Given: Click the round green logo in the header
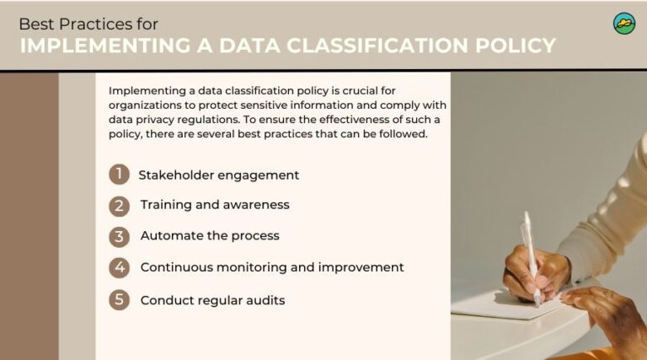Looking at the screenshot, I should point(623,24).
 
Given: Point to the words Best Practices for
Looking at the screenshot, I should point(88,24).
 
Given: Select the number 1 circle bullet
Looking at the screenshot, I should point(119,175).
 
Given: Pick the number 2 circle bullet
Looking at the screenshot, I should point(119,205).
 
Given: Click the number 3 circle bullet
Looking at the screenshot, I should point(119,236).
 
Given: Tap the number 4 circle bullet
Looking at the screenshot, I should point(119,267).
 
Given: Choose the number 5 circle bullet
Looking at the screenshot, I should point(119,299).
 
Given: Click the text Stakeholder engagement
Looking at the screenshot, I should point(218,175).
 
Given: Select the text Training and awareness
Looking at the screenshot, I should point(214,205).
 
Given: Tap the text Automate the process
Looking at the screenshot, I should point(209,236).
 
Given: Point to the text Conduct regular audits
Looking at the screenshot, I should point(212,300).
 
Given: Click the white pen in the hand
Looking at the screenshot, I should point(531,253).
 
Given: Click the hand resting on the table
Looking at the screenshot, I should point(602,308).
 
